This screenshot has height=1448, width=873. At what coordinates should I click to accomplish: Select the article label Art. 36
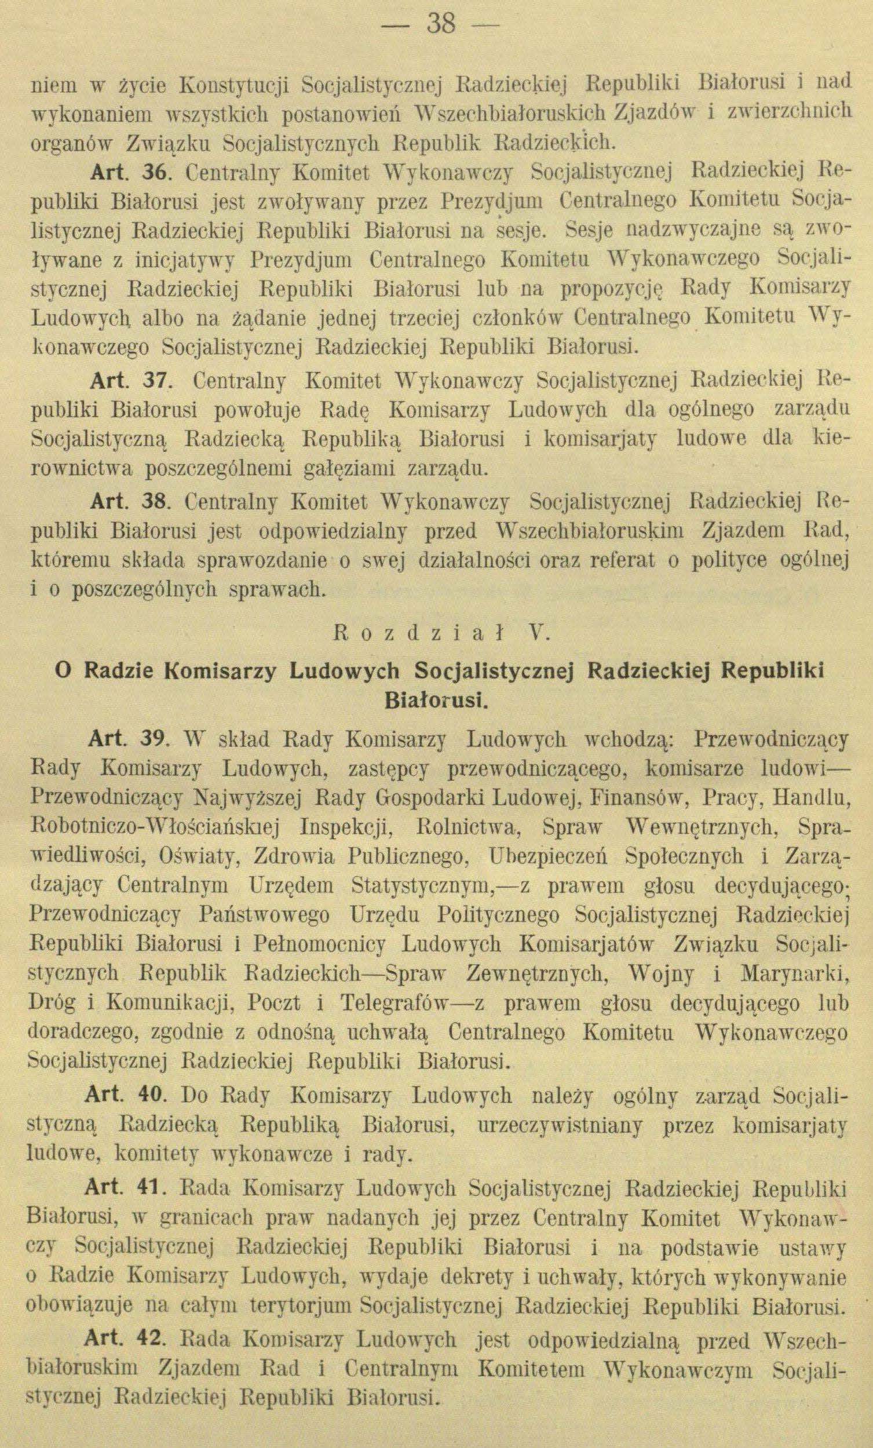pos(130,172)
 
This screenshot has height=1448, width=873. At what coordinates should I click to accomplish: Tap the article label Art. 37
pos(130,382)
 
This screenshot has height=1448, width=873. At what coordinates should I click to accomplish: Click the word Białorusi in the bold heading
pos(435,701)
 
